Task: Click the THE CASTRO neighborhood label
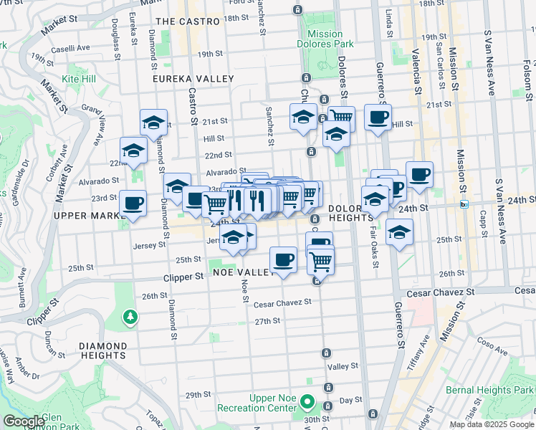[x=187, y=21]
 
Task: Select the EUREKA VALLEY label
[x=193, y=78]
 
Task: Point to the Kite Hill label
[x=79, y=77]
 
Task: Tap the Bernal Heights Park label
[x=498, y=388]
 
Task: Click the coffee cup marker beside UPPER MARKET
[x=133, y=202]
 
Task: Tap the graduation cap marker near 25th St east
[x=399, y=231]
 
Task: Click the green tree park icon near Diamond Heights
[x=130, y=316]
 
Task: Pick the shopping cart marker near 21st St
[x=341, y=116]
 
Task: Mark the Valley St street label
[x=342, y=366]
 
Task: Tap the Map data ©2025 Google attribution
[x=492, y=424]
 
